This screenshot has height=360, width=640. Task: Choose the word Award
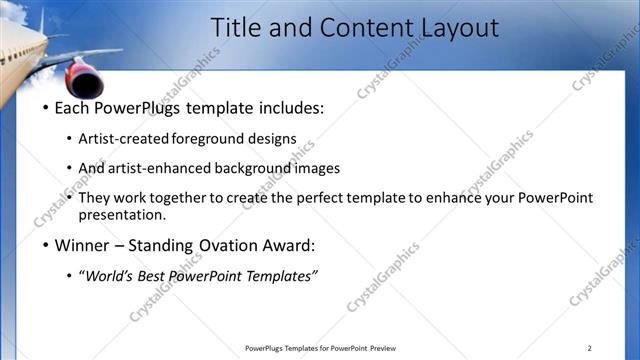(288, 245)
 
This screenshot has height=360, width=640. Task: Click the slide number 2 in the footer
(589, 348)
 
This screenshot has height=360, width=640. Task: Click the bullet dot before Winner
(44, 245)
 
